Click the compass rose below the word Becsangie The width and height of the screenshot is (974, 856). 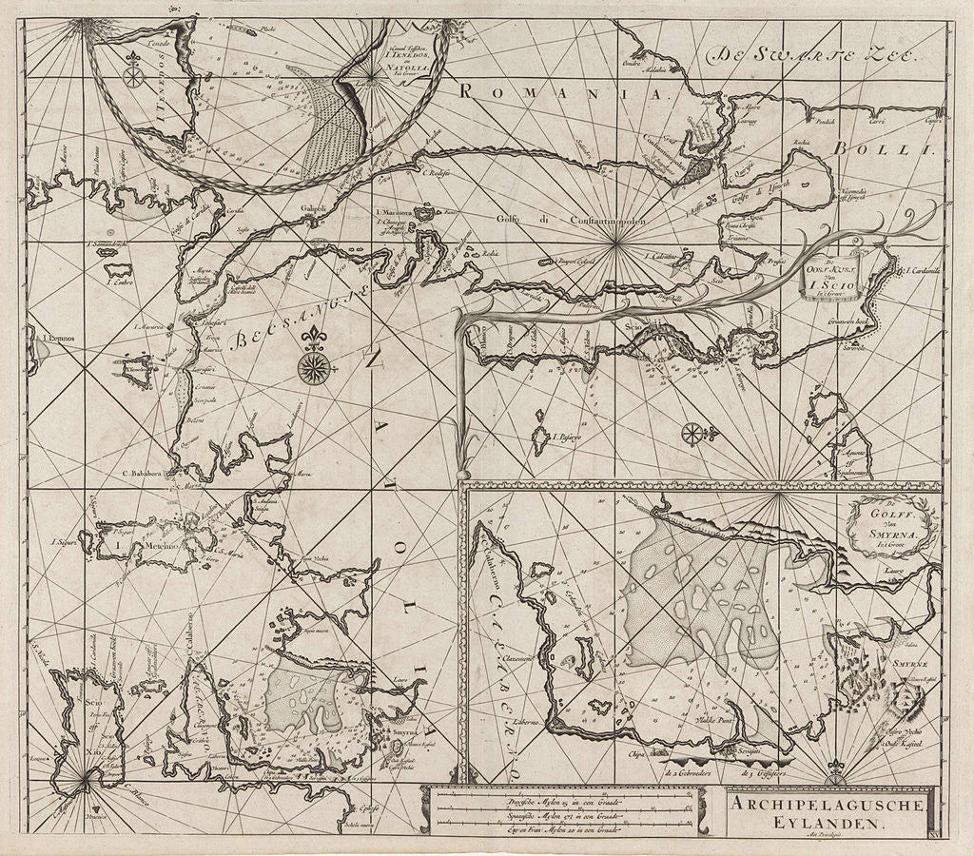click(x=313, y=367)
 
